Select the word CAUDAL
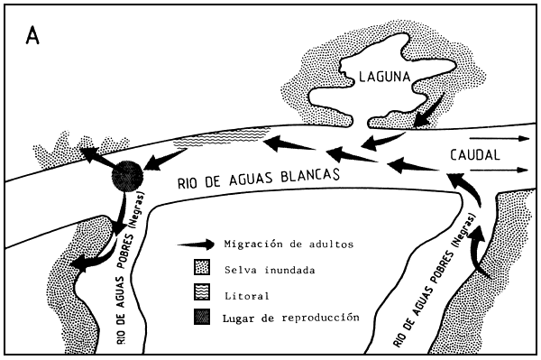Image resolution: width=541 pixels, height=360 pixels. click(473, 154)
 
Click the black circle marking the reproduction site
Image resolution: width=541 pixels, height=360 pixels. click(126, 174)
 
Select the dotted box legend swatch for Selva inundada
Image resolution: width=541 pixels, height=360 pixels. click(201, 268)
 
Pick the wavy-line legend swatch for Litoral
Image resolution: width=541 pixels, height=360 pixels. click(201, 292)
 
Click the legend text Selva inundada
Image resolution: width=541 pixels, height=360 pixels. click(265, 268)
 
